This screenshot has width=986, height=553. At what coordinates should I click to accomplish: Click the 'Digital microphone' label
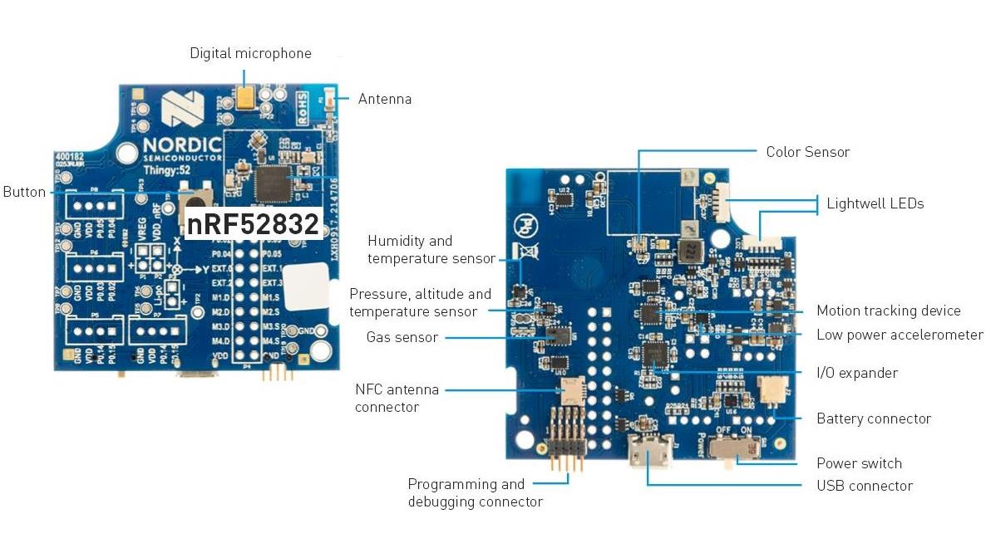click(250, 54)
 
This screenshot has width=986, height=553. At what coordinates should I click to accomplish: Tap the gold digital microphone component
click(246, 98)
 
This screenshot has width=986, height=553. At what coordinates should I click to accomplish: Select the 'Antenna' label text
click(384, 100)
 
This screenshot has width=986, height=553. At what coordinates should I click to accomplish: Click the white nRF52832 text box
click(253, 224)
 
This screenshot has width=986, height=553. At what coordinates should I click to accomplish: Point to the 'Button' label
click(24, 192)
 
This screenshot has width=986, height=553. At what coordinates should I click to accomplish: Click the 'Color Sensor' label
click(807, 152)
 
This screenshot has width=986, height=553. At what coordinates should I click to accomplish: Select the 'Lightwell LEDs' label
click(874, 203)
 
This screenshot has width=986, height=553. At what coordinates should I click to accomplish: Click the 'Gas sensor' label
click(402, 337)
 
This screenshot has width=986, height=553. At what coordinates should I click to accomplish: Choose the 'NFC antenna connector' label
click(397, 398)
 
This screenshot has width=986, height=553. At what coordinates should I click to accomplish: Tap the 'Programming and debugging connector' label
click(474, 492)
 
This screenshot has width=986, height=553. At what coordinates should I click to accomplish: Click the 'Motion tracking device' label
click(888, 311)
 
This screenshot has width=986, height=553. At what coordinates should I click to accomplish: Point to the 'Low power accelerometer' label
click(899, 335)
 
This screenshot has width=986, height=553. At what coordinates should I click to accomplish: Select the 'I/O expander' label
click(856, 374)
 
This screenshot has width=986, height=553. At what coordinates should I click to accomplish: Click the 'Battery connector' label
click(873, 418)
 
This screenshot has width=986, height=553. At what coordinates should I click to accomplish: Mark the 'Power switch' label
click(859, 463)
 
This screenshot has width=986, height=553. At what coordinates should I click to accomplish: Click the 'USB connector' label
click(864, 486)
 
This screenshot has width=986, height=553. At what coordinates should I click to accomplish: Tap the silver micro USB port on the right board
click(646, 456)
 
